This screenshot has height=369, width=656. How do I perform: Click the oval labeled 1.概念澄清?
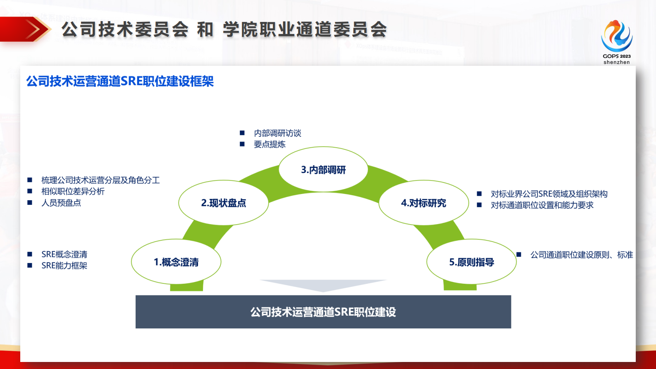[176, 262]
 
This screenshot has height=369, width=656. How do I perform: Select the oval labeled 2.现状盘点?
[223, 203]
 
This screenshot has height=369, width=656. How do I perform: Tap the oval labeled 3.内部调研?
[323, 170]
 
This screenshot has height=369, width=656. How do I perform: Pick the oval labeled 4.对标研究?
[424, 203]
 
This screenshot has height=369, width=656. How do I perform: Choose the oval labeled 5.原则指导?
[472, 262]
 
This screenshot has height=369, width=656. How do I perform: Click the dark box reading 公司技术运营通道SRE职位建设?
[323, 312]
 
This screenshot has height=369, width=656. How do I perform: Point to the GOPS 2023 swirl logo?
[617, 36]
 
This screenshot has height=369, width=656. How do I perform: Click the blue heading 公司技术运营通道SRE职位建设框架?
[120, 81]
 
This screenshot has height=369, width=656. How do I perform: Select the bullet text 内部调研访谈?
[277, 133]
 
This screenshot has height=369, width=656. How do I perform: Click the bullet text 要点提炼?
[270, 144]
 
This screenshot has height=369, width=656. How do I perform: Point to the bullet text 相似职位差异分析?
[73, 192]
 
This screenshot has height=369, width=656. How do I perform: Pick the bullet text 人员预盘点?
[61, 203]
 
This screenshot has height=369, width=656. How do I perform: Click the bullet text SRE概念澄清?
[64, 254]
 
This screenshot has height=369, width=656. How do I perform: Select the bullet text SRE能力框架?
[64, 266]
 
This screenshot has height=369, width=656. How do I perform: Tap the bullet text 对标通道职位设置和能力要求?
[542, 205]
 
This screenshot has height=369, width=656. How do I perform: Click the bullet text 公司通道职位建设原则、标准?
[582, 255]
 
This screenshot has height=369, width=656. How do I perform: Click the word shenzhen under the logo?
[617, 62]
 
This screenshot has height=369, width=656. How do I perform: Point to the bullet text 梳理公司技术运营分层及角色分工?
[100, 180]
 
